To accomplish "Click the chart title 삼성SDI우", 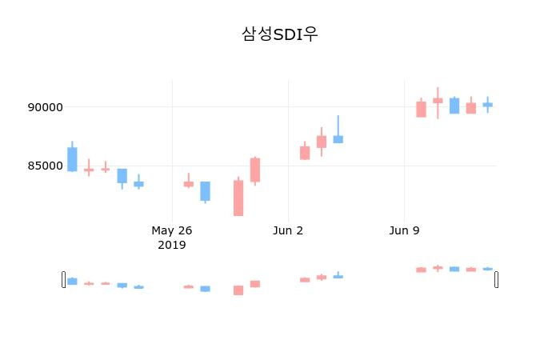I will pyautogui.click(x=279, y=34).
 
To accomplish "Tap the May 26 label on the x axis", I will pyautogui.click(x=172, y=230).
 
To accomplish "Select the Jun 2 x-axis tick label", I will pyautogui.click(x=288, y=230).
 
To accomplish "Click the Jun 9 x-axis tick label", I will pyautogui.click(x=404, y=230).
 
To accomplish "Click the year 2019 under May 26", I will pyautogui.click(x=172, y=245).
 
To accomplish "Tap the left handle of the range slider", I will pyautogui.click(x=64, y=279).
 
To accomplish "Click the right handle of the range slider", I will pyautogui.click(x=496, y=279).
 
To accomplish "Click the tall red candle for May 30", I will pyautogui.click(x=238, y=198).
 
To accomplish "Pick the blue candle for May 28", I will pyautogui.click(x=205, y=190).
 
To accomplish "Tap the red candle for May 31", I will pyautogui.click(x=254, y=170).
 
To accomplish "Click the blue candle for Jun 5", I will pyautogui.click(x=338, y=139).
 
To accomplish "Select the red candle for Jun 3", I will pyautogui.click(x=305, y=153).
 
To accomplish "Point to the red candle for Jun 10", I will pyautogui.click(x=421, y=109).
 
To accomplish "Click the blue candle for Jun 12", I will pyautogui.click(x=454, y=106).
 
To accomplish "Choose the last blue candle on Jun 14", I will pyautogui.click(x=487, y=104).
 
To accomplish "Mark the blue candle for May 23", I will pyautogui.click(x=122, y=176).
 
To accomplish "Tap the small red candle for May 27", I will pyautogui.click(x=189, y=184).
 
